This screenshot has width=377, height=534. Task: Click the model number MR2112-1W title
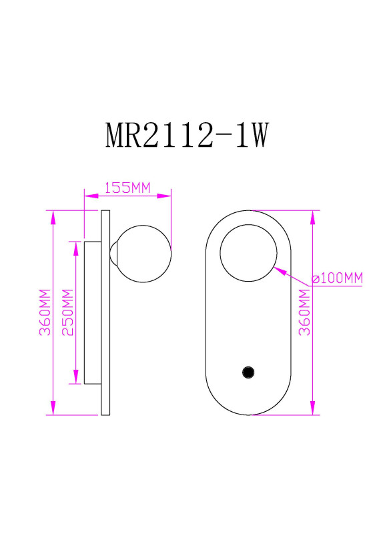(187, 136)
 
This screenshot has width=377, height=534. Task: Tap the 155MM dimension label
(127, 188)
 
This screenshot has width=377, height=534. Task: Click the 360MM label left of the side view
(44, 313)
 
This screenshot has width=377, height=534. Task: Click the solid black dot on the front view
(248, 372)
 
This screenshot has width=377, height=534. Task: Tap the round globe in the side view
(143, 252)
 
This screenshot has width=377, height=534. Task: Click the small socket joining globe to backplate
(113, 253)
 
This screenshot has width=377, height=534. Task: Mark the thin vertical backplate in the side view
(105, 312)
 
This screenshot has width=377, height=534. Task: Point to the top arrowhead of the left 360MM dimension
(52, 216)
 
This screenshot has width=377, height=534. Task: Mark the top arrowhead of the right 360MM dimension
(312, 216)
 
